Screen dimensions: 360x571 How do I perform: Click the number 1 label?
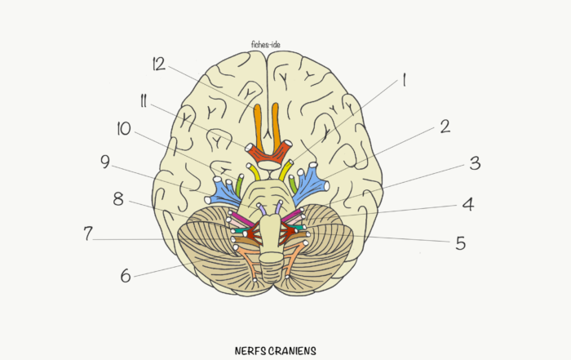(402, 80)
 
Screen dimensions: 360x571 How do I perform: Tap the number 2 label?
(444, 127)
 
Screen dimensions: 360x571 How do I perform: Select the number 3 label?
(474, 162)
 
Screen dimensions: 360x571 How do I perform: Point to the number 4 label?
(467, 204)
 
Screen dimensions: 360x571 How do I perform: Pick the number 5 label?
(460, 243)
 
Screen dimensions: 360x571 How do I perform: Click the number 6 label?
(125, 276)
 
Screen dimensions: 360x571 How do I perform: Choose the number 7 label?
(87, 233)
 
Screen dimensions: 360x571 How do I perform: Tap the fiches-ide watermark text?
(267, 47)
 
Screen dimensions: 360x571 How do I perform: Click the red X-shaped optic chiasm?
(268, 152)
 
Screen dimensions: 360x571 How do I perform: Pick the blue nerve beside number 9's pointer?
(221, 190)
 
